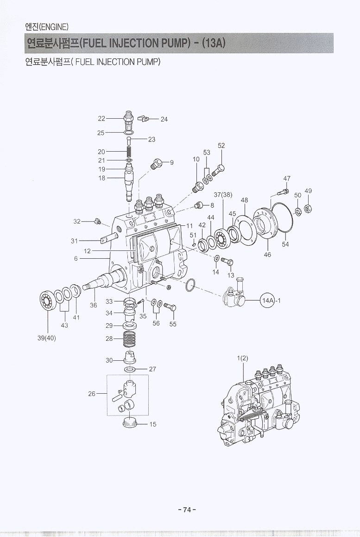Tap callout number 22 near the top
(x=101, y=119)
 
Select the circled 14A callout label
(x=268, y=300)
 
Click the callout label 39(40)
(x=46, y=338)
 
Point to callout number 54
(x=285, y=244)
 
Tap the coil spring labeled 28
(x=130, y=341)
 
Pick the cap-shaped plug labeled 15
(x=130, y=422)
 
